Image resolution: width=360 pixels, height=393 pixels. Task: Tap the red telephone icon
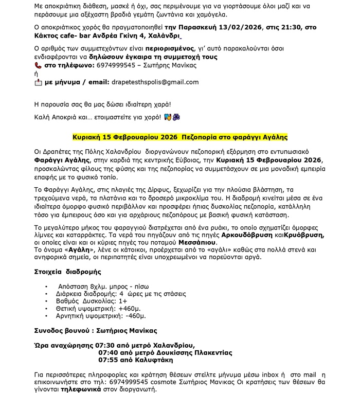click(x=38, y=66)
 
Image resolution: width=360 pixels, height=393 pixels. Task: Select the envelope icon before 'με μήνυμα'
click(x=38, y=82)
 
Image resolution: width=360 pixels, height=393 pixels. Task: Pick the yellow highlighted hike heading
click(x=179, y=138)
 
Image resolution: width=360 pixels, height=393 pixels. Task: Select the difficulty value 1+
click(x=122, y=301)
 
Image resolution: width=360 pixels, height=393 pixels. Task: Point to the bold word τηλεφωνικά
click(x=57, y=390)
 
